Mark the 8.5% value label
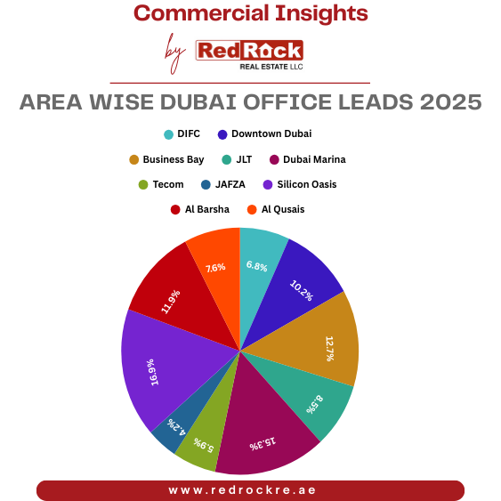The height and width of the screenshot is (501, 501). point(315,403)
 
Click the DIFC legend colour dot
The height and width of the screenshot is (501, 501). point(168,134)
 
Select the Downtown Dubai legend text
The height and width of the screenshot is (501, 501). point(271,134)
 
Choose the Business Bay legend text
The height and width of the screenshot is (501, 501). point(173,160)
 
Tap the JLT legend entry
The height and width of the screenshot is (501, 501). point(237,160)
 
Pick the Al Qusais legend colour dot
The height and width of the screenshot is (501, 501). point(252,210)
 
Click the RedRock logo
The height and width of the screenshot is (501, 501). point(248,53)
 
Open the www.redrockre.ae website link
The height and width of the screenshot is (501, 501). point(249,490)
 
